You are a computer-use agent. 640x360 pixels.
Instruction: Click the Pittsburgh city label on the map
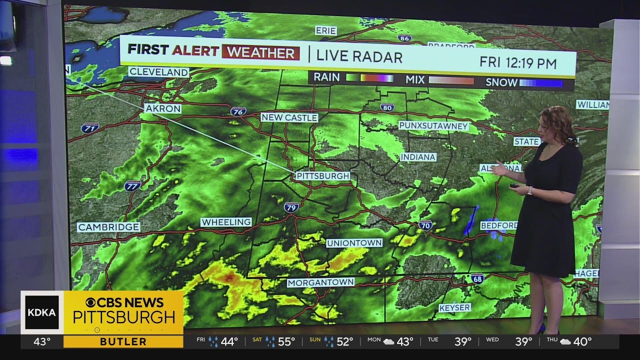pos(322,176)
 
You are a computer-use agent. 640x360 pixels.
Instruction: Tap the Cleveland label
pos(158,72)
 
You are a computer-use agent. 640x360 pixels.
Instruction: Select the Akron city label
pos(162,108)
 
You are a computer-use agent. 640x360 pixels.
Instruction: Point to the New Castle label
pos(289,117)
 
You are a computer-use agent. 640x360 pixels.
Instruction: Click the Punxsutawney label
pos(433,125)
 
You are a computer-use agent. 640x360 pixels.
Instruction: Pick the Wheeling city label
pos(226,222)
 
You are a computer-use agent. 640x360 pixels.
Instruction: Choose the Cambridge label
pos(108,227)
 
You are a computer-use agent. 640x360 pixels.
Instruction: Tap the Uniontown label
pos(354,243)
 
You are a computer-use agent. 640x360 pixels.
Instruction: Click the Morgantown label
pos(320,282)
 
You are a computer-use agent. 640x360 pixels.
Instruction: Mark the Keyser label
pos(454,308)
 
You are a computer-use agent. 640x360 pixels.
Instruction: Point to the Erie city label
pos(325,31)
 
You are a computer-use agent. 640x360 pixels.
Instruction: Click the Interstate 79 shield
pos(290,207)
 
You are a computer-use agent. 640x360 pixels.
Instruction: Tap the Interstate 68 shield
pos(477,278)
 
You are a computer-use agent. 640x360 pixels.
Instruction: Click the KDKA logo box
pos(42,312)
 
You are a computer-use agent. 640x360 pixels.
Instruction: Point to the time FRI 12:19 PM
pos(518,62)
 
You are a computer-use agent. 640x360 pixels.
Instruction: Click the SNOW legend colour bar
pos(541,83)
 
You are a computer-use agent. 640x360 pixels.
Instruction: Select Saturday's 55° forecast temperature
pos(286,342)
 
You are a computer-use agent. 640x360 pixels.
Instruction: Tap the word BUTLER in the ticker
pos(123,342)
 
